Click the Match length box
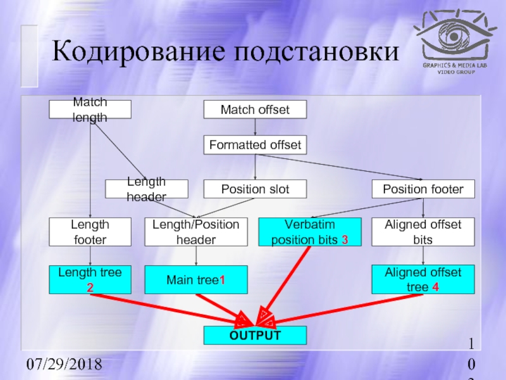pyautogui.click(x=90, y=110)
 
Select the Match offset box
pyautogui.click(x=254, y=110)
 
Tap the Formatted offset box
pyautogui.click(x=254, y=146)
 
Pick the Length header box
pyautogui.click(x=146, y=189)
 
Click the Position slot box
pyautogui.click(x=254, y=189)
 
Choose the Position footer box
pyautogui.click(x=423, y=189)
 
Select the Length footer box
pyautogui.click(x=90, y=232)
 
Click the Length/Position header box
pyautogui.click(x=195, y=232)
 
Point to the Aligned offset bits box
pyautogui.click(x=423, y=232)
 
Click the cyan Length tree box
pyautogui.click(x=90, y=279)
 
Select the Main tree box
pyautogui.click(x=195, y=279)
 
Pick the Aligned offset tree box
pyautogui.click(x=423, y=279)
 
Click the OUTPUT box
pyautogui.click(x=254, y=335)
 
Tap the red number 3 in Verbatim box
pyautogui.click(x=345, y=240)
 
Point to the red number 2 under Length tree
pyautogui.click(x=90, y=288)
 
